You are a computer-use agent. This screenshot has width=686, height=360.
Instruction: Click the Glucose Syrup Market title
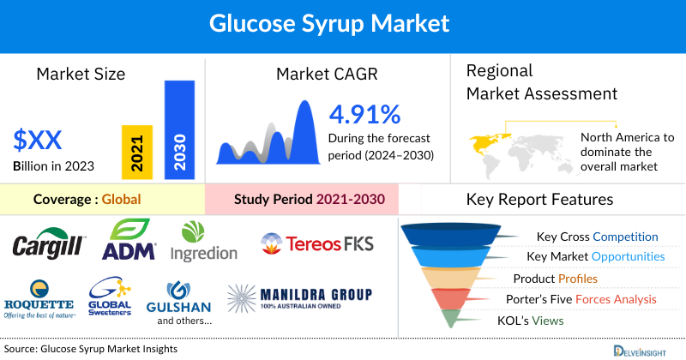[342, 23]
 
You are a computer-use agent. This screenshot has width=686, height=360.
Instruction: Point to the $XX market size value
[39, 139]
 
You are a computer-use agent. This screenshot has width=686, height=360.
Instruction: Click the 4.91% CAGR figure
[365, 113]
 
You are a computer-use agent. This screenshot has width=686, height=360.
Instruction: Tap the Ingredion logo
[203, 243]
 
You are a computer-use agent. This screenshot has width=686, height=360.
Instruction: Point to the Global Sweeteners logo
[109, 299]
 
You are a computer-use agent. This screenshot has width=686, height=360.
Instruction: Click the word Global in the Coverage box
[121, 200]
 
